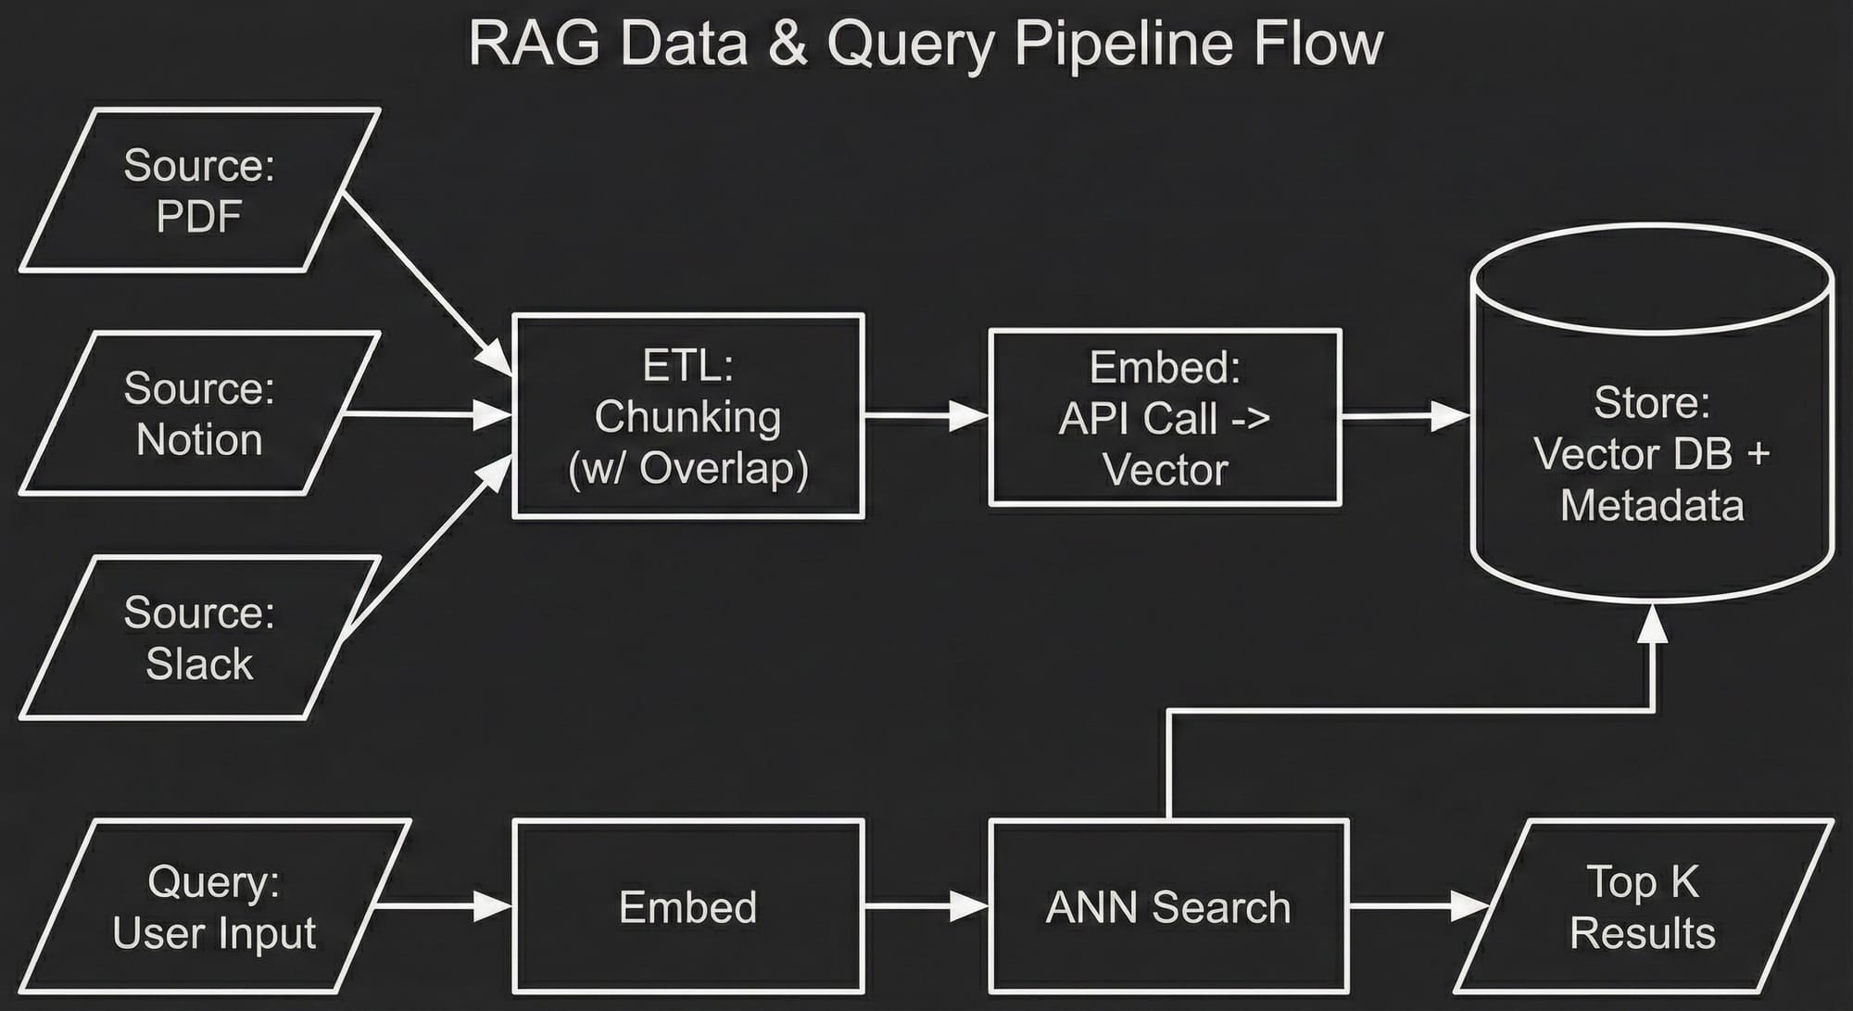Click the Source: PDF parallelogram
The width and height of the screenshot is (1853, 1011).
pos(199,190)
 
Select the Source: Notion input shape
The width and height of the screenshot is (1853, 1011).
pos(199,413)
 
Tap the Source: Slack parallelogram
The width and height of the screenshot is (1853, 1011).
pos(199,638)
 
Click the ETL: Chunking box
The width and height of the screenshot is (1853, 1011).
pos(688,416)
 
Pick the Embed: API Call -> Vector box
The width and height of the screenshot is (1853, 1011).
pos(1165,417)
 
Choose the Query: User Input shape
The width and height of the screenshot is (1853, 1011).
pos(214,906)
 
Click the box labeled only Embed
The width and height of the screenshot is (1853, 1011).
pos(688,906)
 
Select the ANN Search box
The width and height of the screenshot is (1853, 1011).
pos(1167,906)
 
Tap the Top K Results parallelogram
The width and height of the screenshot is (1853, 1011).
pos(1643,906)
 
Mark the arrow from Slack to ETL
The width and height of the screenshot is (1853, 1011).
pos(426,547)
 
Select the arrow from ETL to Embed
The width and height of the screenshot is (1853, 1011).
pos(926,416)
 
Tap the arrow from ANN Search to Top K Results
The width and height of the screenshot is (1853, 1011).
pos(1418,905)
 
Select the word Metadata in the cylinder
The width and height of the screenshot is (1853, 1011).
pos(1652,506)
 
